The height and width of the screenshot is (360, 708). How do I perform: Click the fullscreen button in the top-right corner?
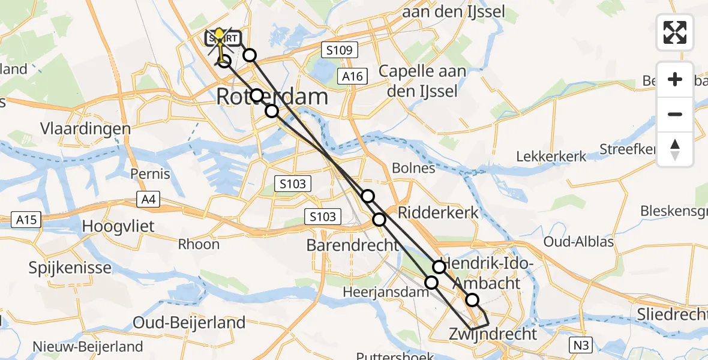[x=675, y=32]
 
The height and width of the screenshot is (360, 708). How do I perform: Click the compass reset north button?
[x=675, y=149]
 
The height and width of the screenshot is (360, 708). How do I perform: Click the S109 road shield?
[x=339, y=50]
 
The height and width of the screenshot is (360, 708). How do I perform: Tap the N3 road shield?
[x=581, y=344]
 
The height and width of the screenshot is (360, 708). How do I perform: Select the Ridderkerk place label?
[x=439, y=212]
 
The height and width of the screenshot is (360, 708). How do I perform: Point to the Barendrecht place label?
[x=352, y=245]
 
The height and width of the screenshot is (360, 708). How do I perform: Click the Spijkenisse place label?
[x=70, y=267]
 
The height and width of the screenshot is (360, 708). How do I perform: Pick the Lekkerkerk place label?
[x=551, y=157]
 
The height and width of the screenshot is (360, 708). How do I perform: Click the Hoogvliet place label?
[x=118, y=227]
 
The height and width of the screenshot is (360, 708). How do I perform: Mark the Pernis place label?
[x=150, y=175]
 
